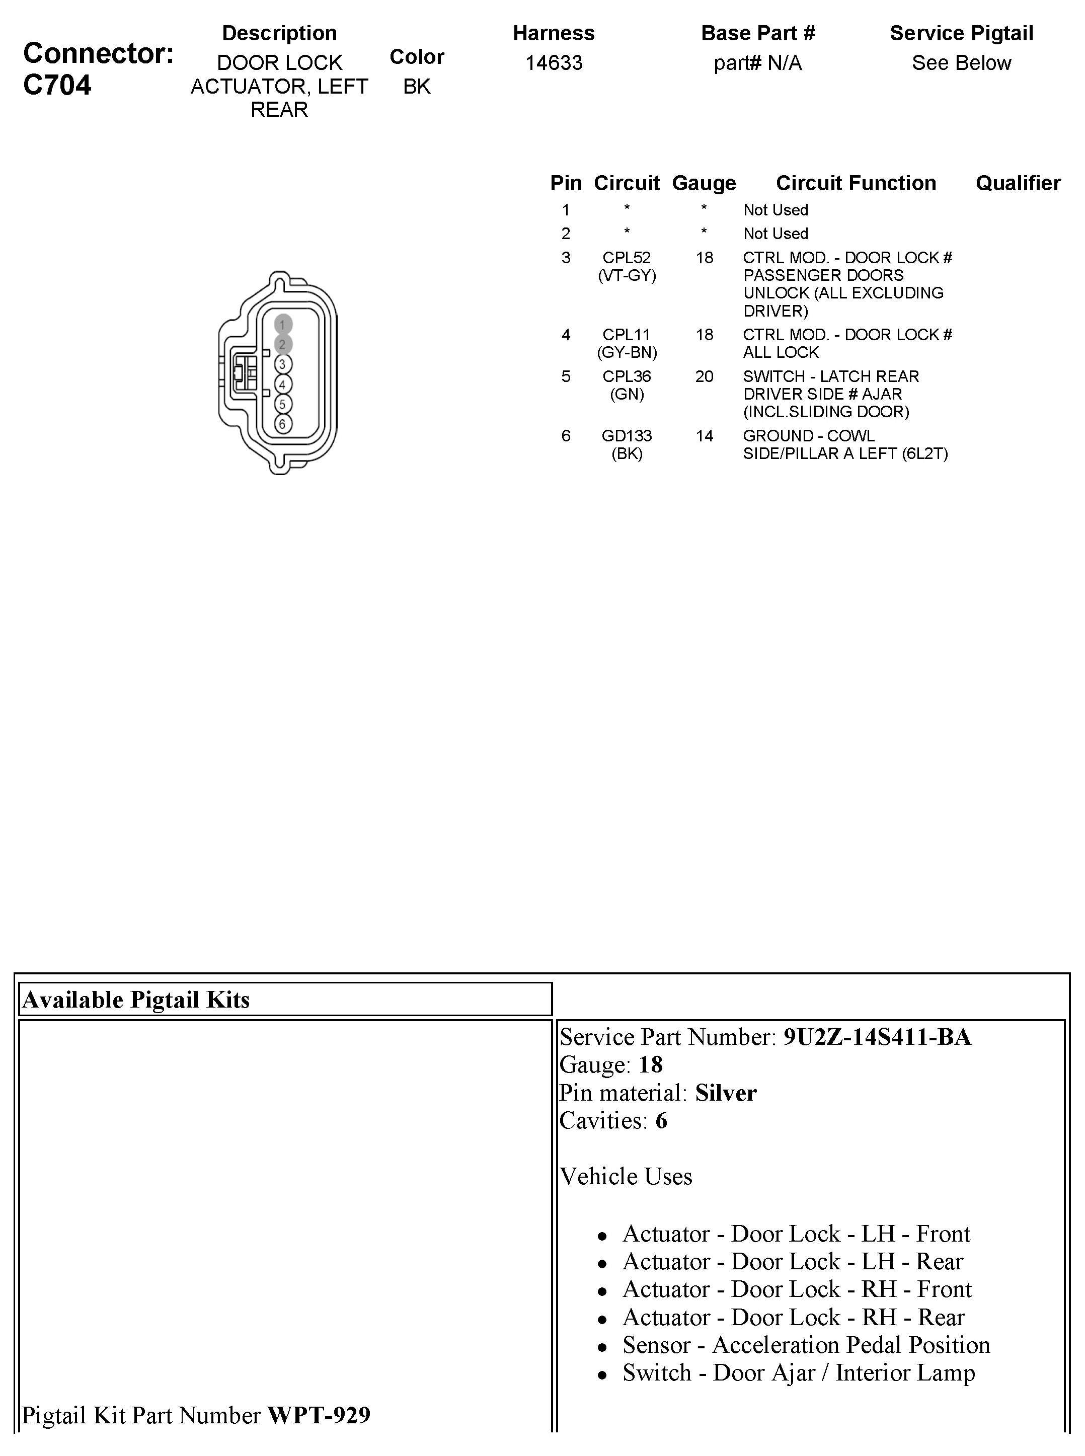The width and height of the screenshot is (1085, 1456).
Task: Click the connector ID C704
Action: (57, 86)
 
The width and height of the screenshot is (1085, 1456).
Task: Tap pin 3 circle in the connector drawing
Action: (283, 364)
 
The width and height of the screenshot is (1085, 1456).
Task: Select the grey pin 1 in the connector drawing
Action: (283, 325)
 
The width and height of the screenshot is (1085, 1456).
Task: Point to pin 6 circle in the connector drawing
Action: (283, 424)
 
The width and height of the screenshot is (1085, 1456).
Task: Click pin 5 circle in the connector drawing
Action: (283, 404)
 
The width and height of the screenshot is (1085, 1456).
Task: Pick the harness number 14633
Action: (554, 63)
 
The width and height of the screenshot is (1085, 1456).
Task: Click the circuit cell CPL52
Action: (627, 258)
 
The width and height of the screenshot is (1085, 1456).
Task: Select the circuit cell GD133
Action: (627, 436)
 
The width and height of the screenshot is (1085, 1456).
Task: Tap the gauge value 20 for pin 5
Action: (704, 377)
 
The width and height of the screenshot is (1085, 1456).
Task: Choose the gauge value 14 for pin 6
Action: (704, 436)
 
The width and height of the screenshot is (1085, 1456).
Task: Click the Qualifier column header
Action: (1018, 183)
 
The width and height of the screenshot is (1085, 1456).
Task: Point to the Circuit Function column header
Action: (856, 183)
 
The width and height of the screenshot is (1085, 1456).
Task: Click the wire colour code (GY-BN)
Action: (627, 353)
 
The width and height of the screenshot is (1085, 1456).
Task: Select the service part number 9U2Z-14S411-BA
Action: (877, 1037)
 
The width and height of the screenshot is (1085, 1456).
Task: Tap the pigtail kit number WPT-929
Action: (319, 1415)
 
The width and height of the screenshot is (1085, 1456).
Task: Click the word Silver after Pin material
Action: (726, 1093)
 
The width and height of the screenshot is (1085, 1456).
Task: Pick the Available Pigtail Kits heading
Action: (136, 1000)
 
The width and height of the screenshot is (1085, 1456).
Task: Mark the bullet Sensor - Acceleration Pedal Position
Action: (806, 1345)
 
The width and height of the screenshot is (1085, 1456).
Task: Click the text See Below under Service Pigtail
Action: (961, 63)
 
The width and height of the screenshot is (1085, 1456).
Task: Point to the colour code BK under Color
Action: (416, 87)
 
